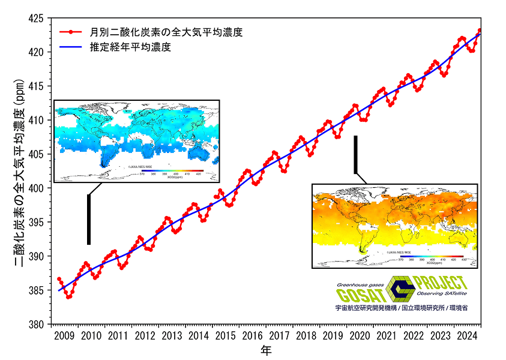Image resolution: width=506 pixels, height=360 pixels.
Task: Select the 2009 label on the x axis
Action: [x=64, y=335]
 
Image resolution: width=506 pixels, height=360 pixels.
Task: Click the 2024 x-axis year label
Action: [x=467, y=335]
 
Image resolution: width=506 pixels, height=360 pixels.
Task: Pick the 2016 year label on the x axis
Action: [x=252, y=335]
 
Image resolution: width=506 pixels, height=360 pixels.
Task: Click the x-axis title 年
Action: [x=266, y=350]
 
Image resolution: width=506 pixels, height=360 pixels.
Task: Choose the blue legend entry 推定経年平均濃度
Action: [x=138, y=47]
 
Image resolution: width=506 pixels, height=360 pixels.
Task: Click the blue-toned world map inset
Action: [x=136, y=141]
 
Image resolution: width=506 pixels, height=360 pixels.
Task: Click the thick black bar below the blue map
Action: [x=89, y=219]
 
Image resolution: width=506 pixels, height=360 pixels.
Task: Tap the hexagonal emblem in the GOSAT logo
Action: [x=400, y=289]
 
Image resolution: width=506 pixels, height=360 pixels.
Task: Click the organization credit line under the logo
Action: [x=402, y=307]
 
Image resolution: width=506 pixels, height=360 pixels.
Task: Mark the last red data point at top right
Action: [x=480, y=30]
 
